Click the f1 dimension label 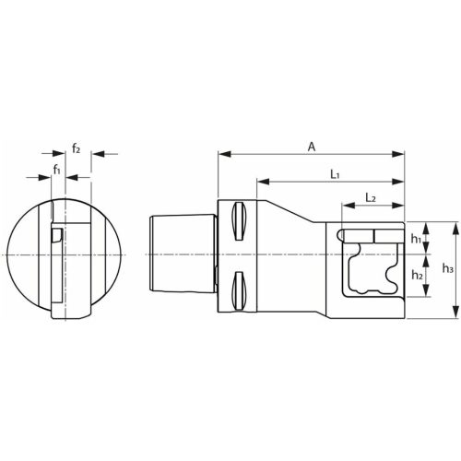tap(57, 169)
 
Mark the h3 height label tap(447, 268)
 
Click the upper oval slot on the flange tap(239, 221)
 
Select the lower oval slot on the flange tap(239, 285)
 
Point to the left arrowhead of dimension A tap(222, 154)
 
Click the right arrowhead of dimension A tap(401, 154)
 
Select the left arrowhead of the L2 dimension tap(345, 207)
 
